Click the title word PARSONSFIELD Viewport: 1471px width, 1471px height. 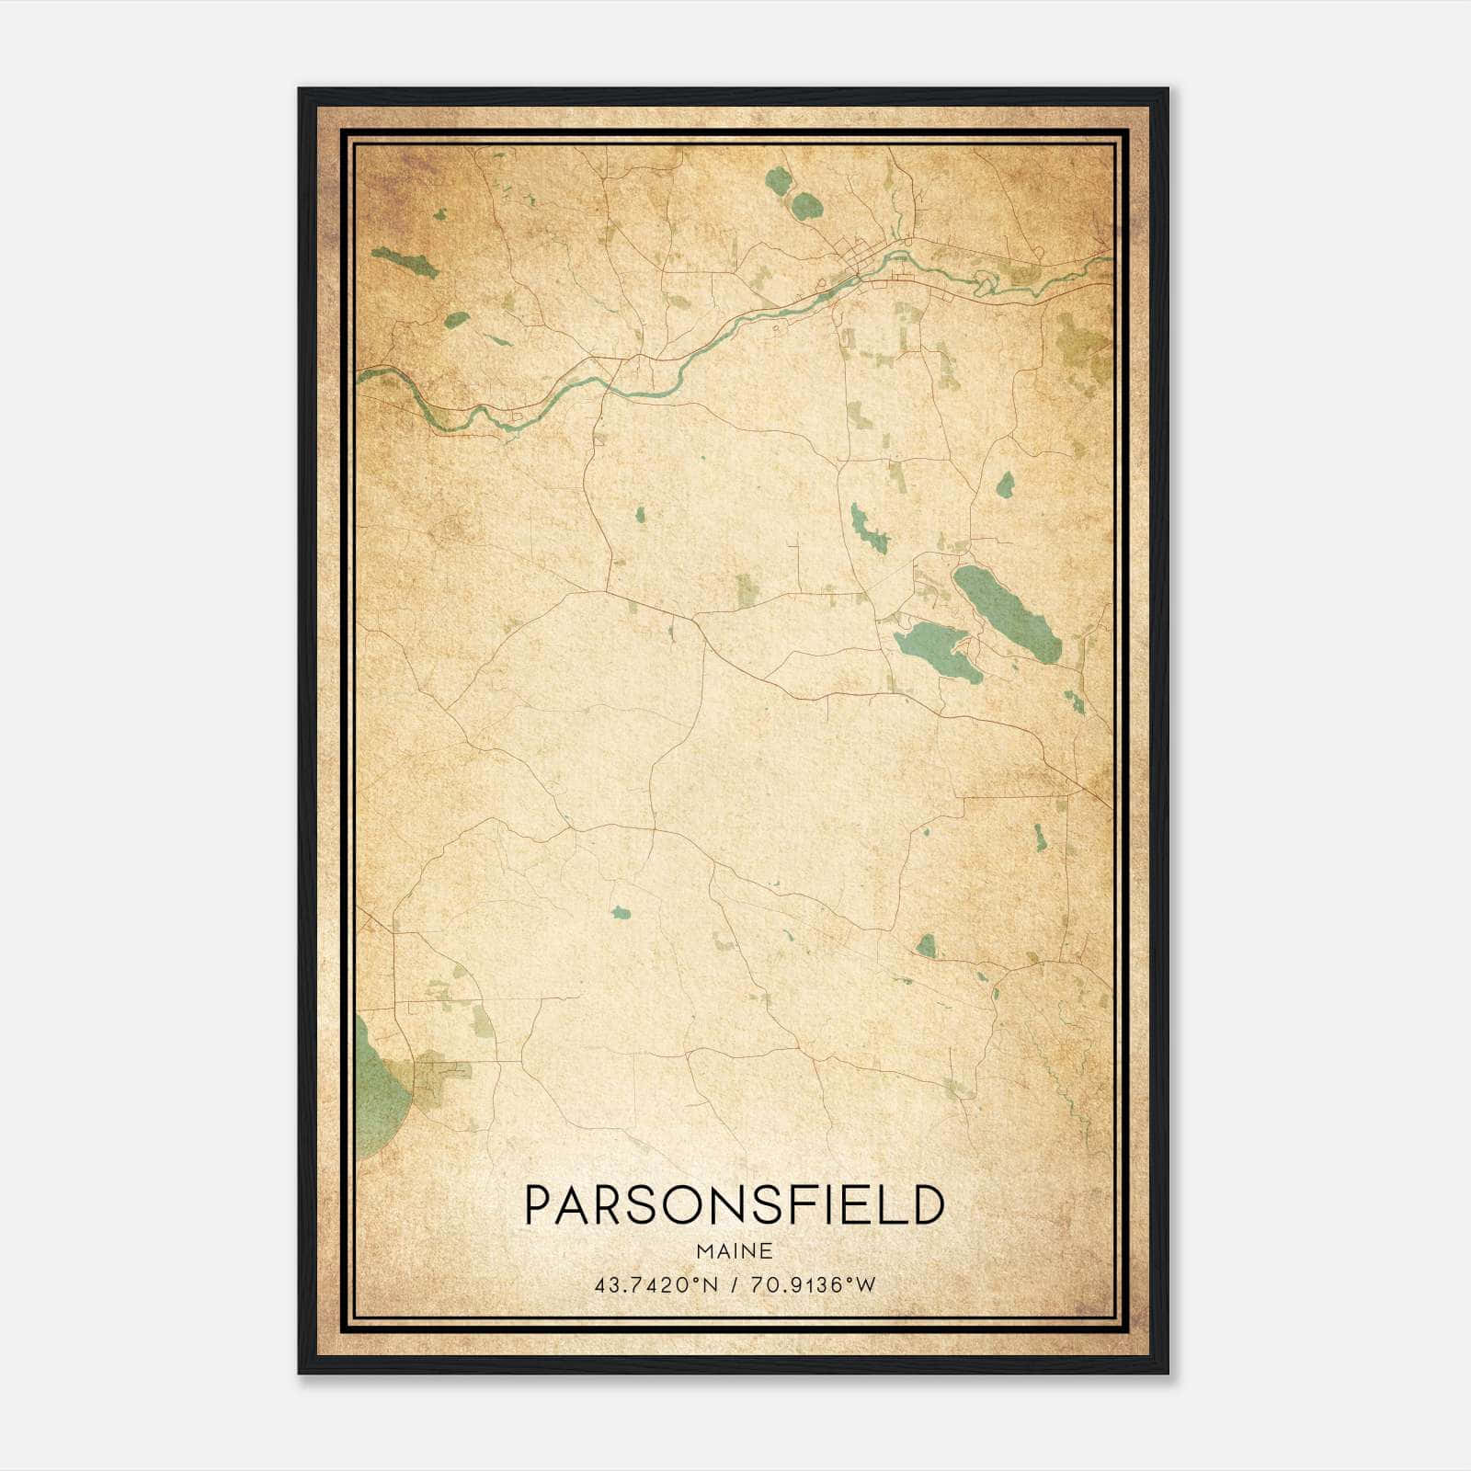(x=734, y=1204)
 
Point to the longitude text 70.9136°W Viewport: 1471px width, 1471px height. (x=813, y=1285)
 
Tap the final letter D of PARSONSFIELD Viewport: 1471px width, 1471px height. (x=929, y=1204)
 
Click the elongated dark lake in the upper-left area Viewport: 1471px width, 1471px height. (x=405, y=262)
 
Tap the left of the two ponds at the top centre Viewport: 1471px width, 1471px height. (x=778, y=180)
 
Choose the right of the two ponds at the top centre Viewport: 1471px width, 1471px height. (x=807, y=202)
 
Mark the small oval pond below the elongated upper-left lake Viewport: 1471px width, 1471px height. (x=456, y=320)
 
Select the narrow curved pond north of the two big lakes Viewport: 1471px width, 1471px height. (x=868, y=528)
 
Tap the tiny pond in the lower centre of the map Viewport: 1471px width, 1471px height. (x=620, y=913)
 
